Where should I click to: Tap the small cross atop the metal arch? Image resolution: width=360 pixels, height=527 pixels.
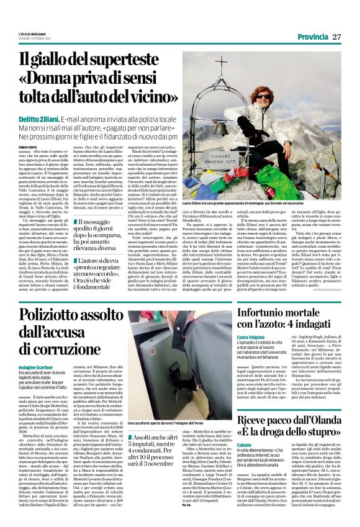218,59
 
